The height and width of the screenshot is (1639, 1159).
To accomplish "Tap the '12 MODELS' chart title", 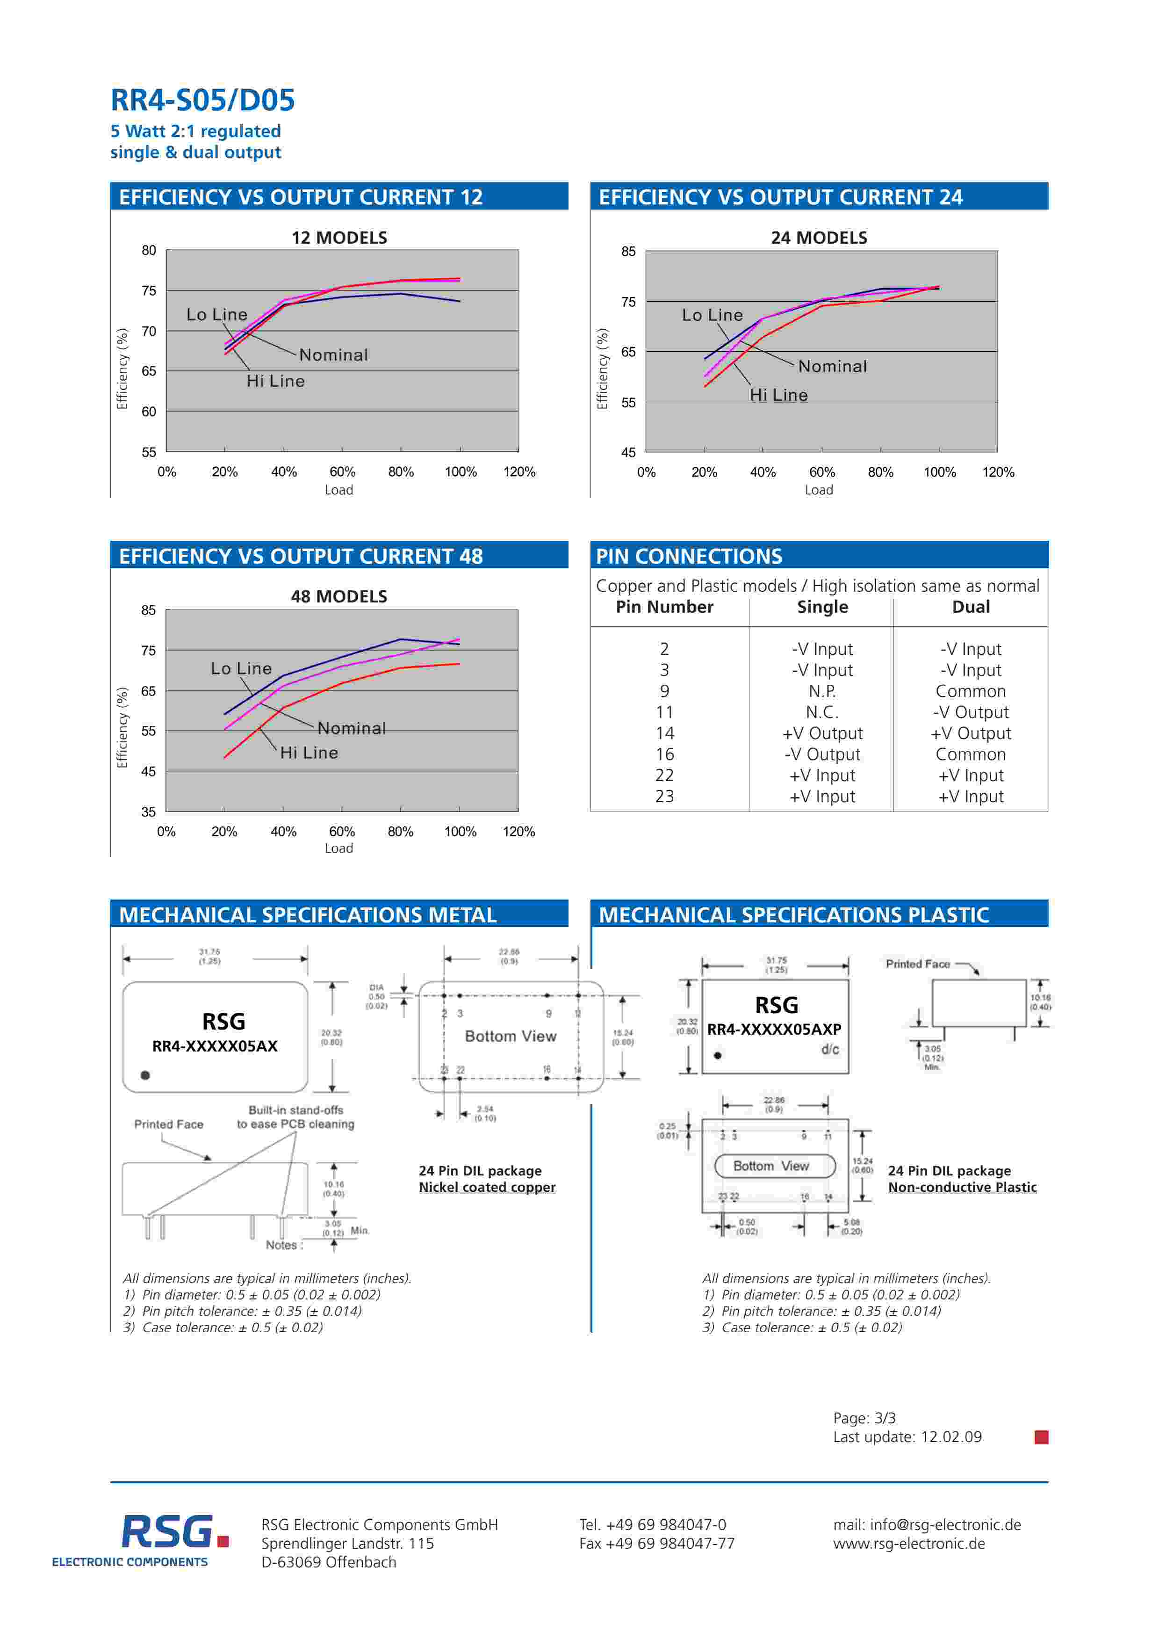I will pos(339,238).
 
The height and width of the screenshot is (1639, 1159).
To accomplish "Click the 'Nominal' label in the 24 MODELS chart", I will pos(832,366).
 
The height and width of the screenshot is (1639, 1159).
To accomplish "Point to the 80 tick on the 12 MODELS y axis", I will pos(149,251).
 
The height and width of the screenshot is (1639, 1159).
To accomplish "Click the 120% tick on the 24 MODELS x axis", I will pos(998,472).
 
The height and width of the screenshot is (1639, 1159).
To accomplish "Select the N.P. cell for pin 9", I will pos(822,691).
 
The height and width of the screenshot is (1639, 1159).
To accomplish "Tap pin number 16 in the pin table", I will pos(664,754).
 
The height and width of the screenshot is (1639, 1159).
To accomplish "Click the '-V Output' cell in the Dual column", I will pos(971,712).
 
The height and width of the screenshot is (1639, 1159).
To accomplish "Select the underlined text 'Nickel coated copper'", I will pos(487,1187).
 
